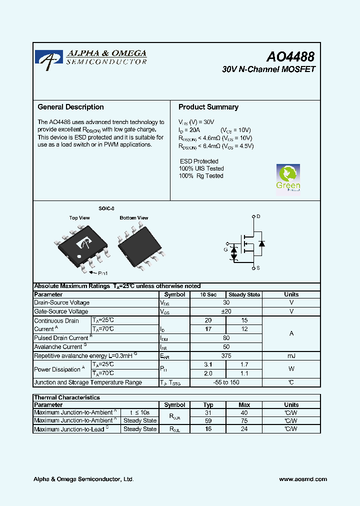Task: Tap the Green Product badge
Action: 288,178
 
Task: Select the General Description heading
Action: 71,107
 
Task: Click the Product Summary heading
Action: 208,107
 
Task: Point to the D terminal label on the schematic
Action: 258,216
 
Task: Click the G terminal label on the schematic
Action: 225,249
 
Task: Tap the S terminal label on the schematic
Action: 258,269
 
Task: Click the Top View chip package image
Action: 81,245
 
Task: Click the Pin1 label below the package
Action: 102,273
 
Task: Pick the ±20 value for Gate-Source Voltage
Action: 226,311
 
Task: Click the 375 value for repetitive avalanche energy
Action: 226,356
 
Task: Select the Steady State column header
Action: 244,294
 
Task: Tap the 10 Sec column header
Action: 208,294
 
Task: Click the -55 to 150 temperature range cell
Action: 226,382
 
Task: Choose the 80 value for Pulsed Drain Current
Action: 226,338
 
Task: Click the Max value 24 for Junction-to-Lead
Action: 244,429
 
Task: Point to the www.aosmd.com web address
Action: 303,479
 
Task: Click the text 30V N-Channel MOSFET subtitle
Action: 268,69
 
